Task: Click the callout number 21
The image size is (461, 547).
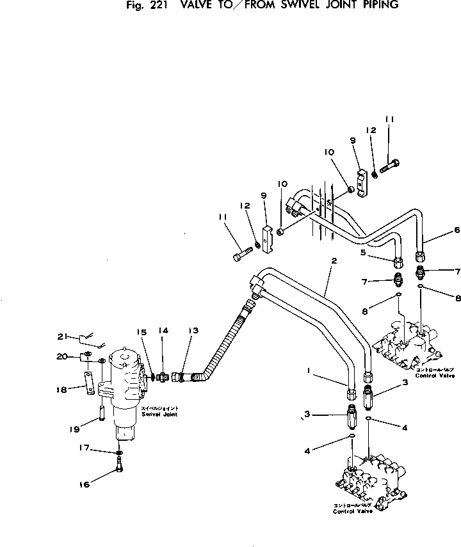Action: (62, 337)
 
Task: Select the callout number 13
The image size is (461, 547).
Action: (193, 331)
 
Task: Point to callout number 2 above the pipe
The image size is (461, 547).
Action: (334, 260)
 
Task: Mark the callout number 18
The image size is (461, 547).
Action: (61, 388)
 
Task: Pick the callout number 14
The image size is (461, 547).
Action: (163, 331)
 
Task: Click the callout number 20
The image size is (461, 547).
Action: (61, 357)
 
